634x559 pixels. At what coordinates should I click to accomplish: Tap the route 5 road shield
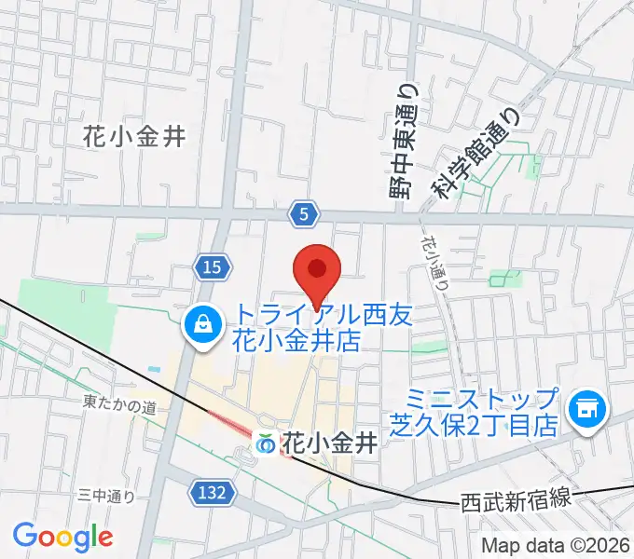point(302,215)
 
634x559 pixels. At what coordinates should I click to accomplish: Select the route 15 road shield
point(213,268)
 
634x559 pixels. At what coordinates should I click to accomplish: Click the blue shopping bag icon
point(201,325)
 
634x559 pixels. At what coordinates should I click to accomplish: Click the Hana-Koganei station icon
point(266,444)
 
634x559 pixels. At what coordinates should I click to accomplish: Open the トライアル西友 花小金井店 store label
point(296,326)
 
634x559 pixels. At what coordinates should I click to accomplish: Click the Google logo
point(62,537)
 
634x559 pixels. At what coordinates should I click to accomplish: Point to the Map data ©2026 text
point(556,544)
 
